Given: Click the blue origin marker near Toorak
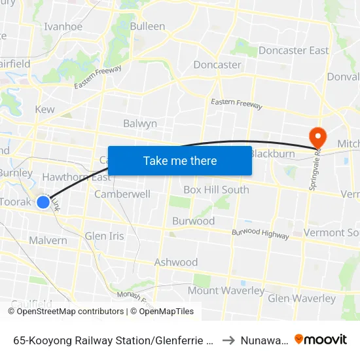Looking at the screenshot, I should click(x=43, y=202).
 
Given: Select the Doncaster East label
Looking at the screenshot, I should click(x=293, y=50).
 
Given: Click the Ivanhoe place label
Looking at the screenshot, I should click(x=63, y=27).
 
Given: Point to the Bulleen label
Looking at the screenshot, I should click(x=147, y=26).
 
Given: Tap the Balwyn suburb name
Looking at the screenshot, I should click(x=140, y=123).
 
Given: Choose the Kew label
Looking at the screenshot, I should click(x=45, y=109).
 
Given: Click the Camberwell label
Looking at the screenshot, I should click(x=122, y=194).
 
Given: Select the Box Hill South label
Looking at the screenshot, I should click(x=216, y=190).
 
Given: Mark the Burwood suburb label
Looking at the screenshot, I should click(x=193, y=221).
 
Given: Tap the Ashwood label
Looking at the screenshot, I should click(x=176, y=262).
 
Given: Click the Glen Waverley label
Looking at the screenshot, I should click(x=302, y=298).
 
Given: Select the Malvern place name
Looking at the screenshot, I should click(x=48, y=240).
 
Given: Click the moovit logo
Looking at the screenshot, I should click(x=321, y=340).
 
